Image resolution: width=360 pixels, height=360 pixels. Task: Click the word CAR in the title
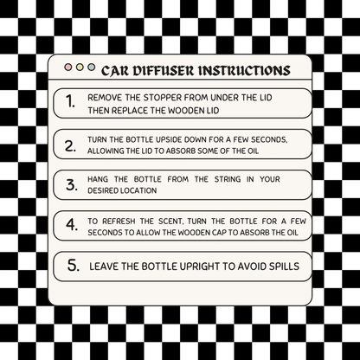click(x=116, y=68)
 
